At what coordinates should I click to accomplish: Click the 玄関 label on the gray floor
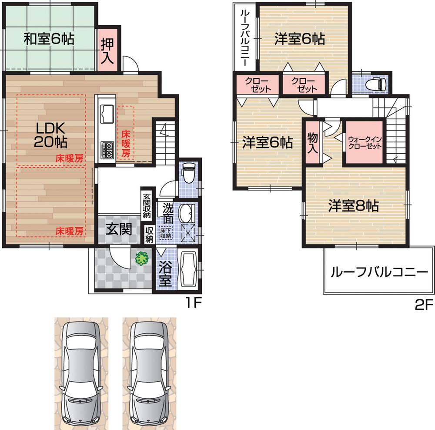click(119, 229)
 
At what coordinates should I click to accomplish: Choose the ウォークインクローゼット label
click(365, 143)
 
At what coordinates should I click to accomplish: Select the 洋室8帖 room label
click(353, 206)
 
